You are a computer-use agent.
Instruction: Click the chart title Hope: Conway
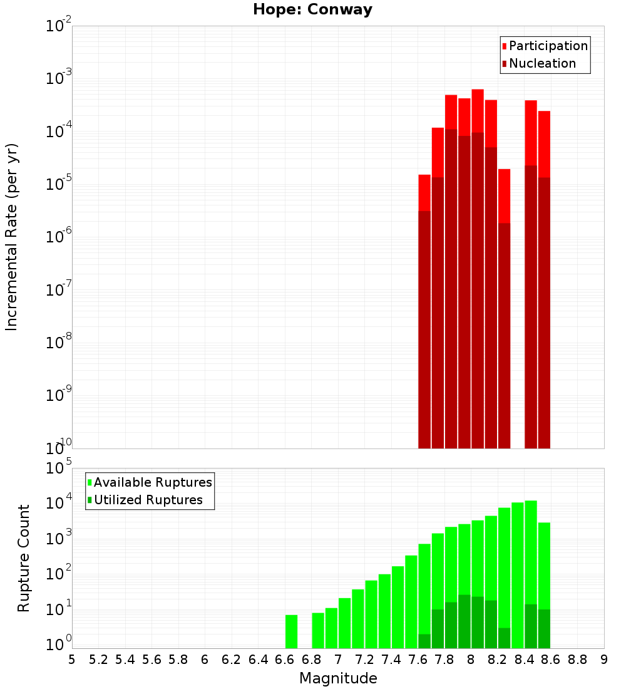click(312, 10)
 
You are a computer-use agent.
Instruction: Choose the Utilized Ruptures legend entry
click(148, 500)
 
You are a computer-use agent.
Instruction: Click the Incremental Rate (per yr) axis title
click(11, 237)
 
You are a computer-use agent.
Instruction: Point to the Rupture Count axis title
click(24, 558)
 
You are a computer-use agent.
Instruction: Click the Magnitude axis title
click(338, 678)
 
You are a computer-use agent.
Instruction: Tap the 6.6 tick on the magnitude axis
click(285, 659)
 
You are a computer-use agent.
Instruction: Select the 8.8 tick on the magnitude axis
click(577, 659)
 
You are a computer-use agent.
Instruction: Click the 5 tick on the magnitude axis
click(72, 659)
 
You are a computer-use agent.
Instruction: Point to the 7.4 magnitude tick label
click(391, 659)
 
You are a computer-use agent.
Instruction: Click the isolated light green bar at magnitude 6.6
click(291, 631)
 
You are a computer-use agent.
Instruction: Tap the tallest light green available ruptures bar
click(531, 551)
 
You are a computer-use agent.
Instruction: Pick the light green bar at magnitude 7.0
click(344, 623)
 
